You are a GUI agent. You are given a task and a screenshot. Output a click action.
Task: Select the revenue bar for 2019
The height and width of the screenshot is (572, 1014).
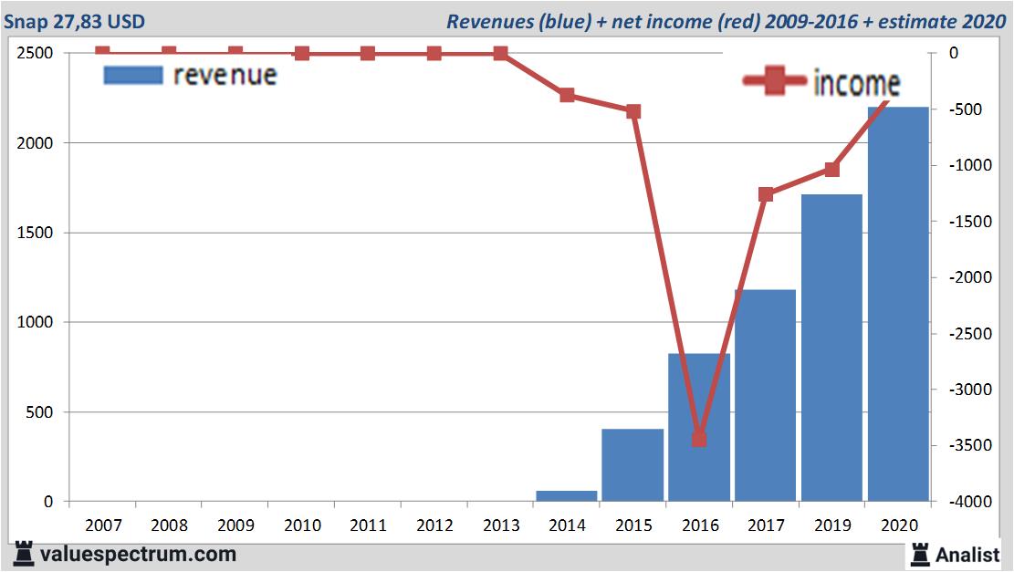click(831, 348)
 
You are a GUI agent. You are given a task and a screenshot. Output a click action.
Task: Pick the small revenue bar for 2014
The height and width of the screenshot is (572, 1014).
click(566, 496)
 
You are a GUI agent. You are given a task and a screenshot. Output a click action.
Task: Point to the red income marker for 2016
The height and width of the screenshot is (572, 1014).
click(699, 439)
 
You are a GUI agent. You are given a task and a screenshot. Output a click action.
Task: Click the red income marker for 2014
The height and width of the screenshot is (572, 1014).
click(567, 95)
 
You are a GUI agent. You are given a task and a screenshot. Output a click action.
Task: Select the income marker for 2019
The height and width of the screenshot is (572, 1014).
click(831, 170)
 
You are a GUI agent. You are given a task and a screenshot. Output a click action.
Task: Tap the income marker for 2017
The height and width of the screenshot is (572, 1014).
click(766, 194)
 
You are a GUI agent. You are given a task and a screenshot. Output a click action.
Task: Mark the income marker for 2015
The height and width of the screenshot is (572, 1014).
click(633, 111)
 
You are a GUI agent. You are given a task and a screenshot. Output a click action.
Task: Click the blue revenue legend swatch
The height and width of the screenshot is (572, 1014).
click(133, 76)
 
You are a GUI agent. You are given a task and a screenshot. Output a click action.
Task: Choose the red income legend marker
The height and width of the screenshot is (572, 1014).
click(775, 83)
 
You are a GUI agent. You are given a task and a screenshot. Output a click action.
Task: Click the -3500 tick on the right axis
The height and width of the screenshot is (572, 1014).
click(965, 445)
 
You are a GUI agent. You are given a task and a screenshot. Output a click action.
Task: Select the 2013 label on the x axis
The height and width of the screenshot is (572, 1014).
click(500, 526)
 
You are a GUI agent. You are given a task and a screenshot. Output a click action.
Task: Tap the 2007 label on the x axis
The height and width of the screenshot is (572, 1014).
click(102, 526)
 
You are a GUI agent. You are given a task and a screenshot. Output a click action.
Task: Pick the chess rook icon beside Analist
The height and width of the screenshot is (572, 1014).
click(920, 553)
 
